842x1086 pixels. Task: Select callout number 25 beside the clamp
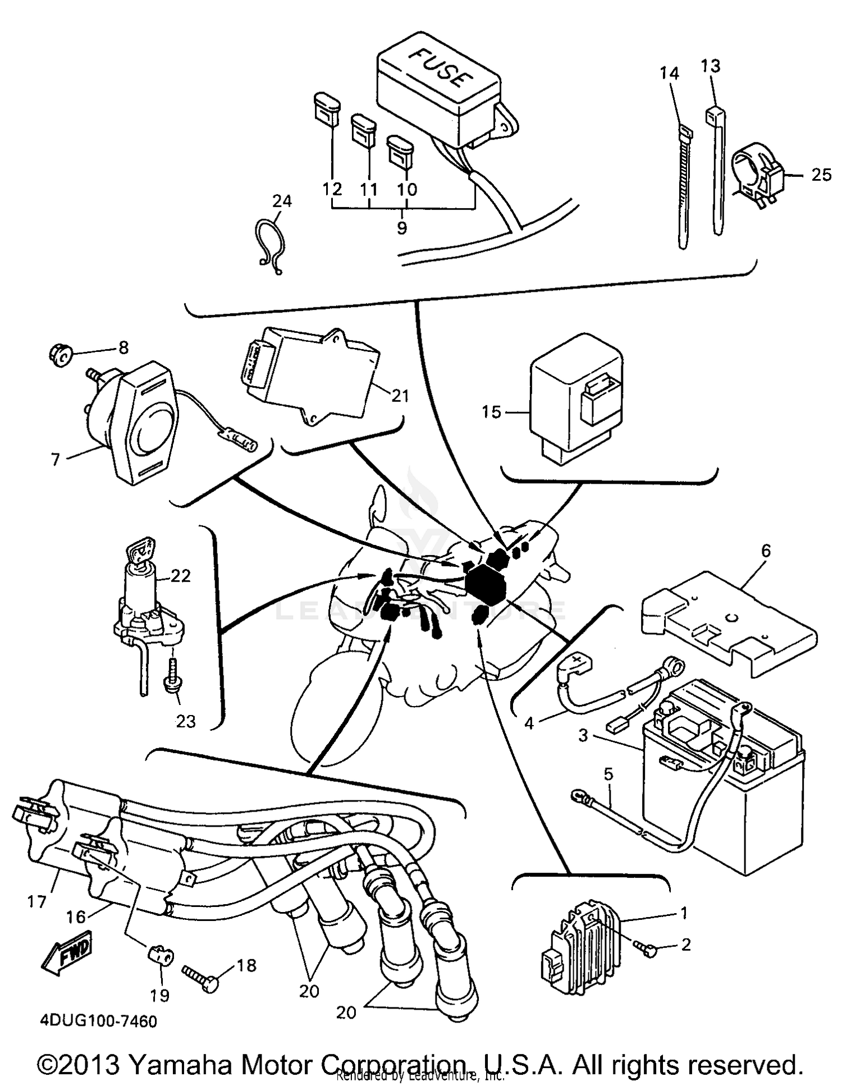coord(821,175)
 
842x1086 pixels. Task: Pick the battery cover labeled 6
coord(727,617)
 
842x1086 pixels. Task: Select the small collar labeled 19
coord(161,954)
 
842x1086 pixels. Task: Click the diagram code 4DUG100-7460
coord(98,1021)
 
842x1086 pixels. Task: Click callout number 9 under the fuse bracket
coord(402,228)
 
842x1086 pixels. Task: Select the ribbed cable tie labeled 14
coord(683,185)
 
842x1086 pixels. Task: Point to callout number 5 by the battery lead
coord(608,775)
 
